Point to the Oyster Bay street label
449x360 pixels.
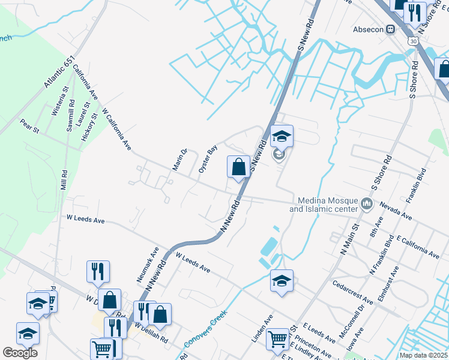click(x=208, y=159)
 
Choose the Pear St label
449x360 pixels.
click(x=29, y=127)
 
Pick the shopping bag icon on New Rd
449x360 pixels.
click(x=238, y=167)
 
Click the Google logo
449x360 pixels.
click(x=20, y=353)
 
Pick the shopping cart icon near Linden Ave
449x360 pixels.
click(x=278, y=340)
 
